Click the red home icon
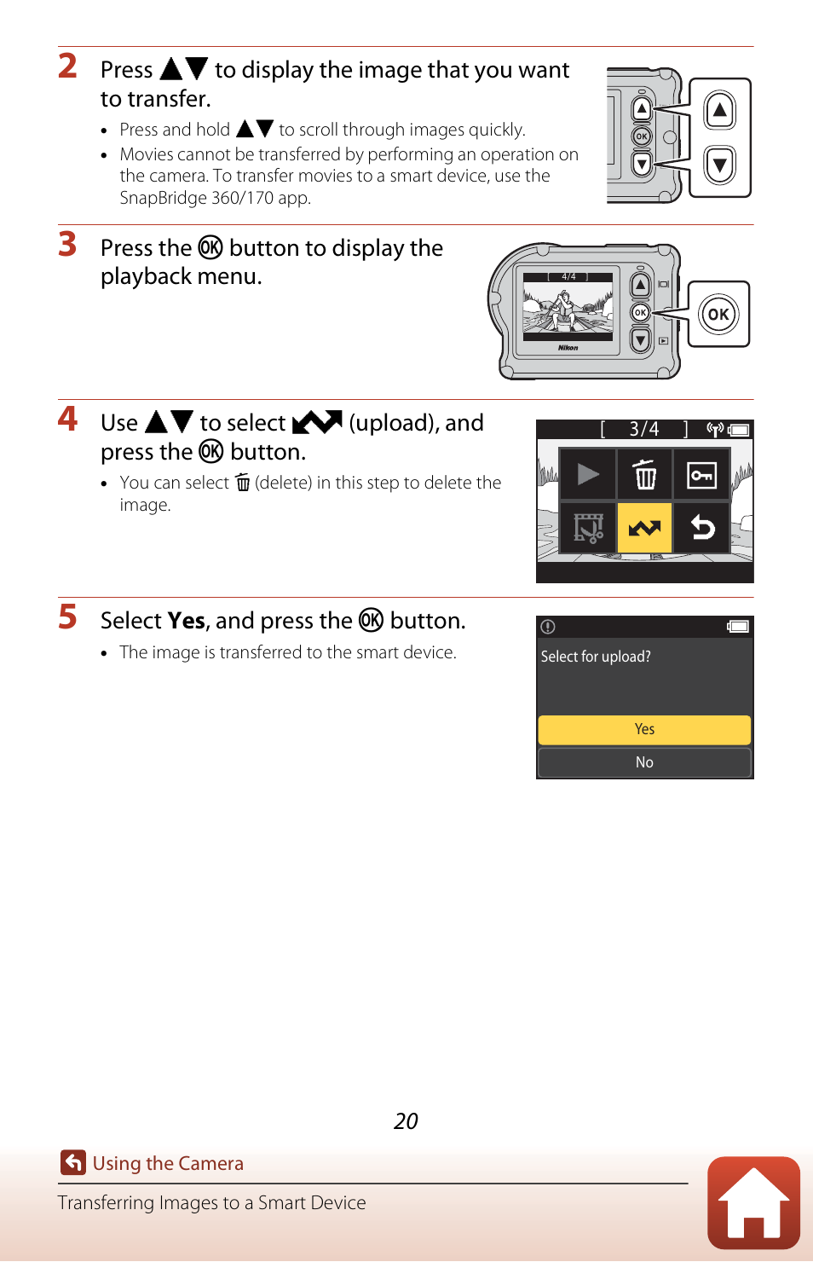[x=753, y=1202]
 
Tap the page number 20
[x=406, y=1120]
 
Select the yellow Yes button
[x=644, y=730]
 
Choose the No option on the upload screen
[x=644, y=762]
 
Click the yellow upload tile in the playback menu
[x=644, y=528]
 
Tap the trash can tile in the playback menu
[x=644, y=474]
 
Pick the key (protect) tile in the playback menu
[x=701, y=474]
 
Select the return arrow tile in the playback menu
[x=701, y=528]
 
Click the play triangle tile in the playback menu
[x=587, y=474]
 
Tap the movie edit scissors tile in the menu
[x=587, y=528]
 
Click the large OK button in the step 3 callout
[x=718, y=314]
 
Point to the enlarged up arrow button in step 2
[x=719, y=110]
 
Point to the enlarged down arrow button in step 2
[x=719, y=165]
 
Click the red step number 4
[x=67, y=419]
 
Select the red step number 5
[x=67, y=617]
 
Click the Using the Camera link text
[x=168, y=1163]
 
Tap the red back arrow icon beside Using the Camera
[x=73, y=1162]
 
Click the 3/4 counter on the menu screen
[x=644, y=429]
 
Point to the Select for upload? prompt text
[x=596, y=657]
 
